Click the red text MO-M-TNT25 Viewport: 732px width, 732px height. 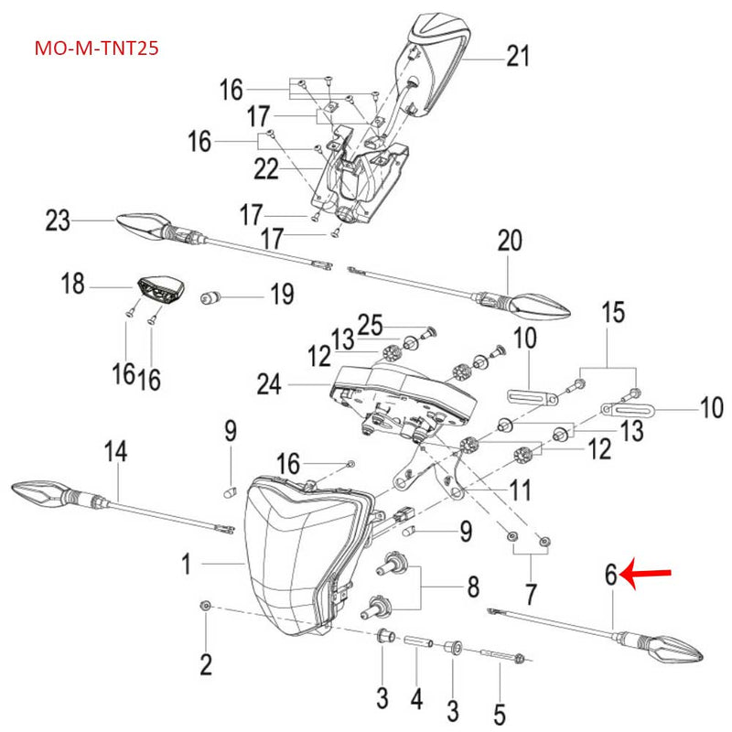coord(96,47)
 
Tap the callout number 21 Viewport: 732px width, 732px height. coord(518,57)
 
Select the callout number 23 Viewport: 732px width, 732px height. coord(58,221)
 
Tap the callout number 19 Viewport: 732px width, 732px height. coord(280,295)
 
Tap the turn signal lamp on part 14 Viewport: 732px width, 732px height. coord(40,492)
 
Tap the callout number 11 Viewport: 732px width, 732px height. coord(520,490)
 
